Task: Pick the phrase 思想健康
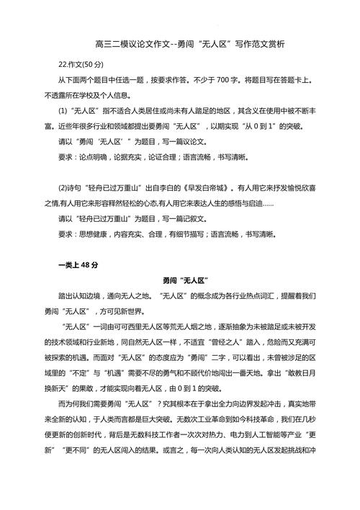tap(94, 233)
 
